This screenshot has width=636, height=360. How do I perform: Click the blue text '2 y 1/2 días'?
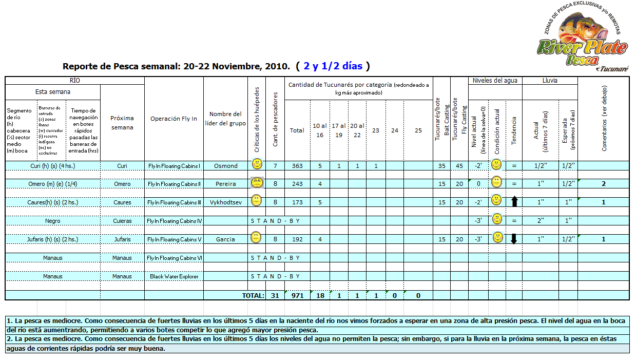tap(333, 66)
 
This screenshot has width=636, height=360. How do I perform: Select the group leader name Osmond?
tap(225, 166)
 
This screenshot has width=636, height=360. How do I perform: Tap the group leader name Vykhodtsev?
tap(225, 202)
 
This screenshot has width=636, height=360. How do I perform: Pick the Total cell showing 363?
tap(297, 166)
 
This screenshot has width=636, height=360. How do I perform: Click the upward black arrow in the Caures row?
tap(514, 202)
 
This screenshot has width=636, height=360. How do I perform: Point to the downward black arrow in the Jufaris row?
tap(514, 239)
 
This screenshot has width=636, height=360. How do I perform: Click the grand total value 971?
tap(297, 295)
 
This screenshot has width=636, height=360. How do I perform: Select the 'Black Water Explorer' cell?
tap(174, 276)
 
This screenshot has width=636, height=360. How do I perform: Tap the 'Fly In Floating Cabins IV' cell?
tap(174, 221)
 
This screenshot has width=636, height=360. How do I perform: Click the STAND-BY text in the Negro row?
tap(275, 221)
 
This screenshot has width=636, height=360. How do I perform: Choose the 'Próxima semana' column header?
tap(122, 123)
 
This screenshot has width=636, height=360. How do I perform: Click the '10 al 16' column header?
tap(319, 130)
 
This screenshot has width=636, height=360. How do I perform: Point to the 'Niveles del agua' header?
tap(495, 81)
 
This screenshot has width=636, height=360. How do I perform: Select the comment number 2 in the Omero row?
tap(604, 184)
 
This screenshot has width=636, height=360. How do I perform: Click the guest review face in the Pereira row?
tap(257, 183)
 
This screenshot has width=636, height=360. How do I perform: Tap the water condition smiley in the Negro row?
tap(496, 219)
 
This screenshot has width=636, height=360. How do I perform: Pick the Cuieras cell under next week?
tap(122, 221)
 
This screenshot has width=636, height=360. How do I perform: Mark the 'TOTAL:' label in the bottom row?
tap(253, 295)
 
